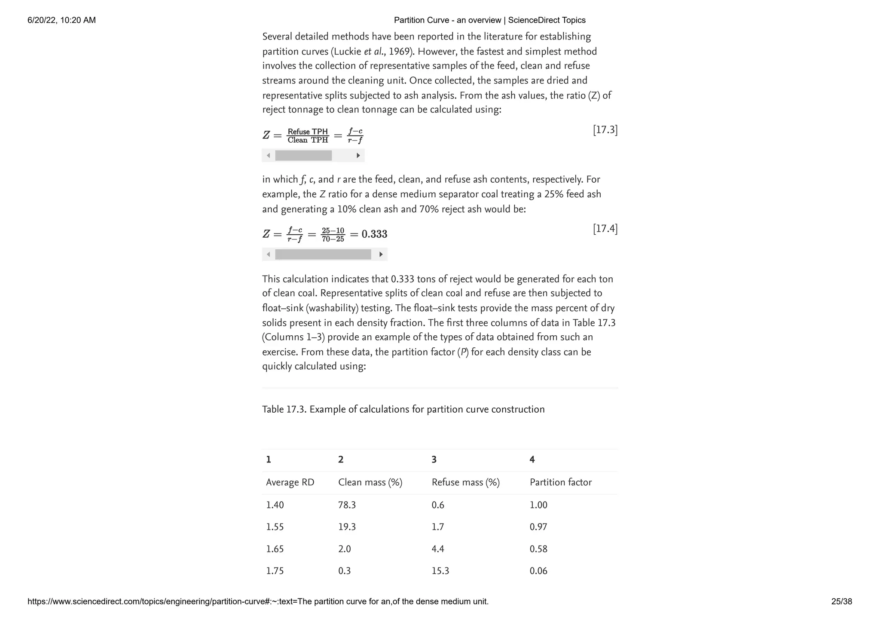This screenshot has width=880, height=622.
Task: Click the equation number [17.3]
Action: coord(605,130)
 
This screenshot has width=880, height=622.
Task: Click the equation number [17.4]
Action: coord(605,229)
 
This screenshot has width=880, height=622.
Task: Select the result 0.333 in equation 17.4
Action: coord(374,234)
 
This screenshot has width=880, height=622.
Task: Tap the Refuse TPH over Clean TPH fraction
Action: coord(308,136)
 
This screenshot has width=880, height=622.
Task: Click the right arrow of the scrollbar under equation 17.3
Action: coord(358,156)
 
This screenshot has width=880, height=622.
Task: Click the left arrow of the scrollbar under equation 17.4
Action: coord(269,254)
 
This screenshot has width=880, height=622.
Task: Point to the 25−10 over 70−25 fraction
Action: coord(333,235)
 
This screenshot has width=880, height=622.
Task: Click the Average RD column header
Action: coord(290,482)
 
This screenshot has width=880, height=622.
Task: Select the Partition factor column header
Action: coord(560,482)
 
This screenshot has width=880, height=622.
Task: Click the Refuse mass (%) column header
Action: coord(465,482)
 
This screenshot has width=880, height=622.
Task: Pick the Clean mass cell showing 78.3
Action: coord(347,505)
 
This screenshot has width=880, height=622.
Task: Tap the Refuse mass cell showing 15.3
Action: coord(440,571)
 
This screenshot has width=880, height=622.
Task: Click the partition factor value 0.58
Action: coord(538,549)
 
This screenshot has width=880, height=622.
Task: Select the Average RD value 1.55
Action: coord(275,527)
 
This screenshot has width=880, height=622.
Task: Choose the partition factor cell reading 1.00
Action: coord(538,505)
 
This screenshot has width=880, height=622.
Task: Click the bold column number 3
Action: coord(434,460)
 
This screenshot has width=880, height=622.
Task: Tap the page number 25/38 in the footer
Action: coord(841,601)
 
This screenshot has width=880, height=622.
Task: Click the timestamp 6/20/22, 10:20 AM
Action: coord(61,20)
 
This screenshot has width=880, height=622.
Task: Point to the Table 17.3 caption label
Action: coord(284,409)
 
